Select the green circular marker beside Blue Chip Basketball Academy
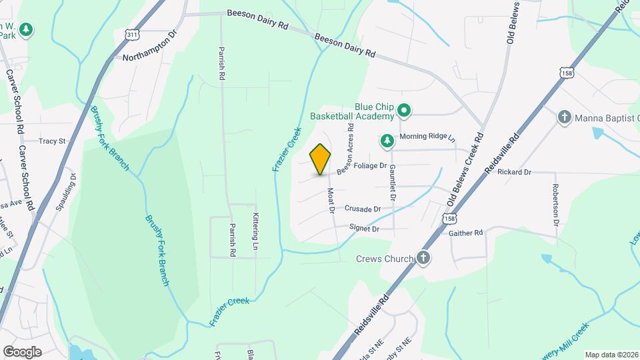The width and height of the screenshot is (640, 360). [403, 110]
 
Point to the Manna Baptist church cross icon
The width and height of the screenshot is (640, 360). [564, 117]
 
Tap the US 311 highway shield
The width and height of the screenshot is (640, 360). [133, 34]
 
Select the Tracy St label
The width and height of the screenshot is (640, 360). [52, 141]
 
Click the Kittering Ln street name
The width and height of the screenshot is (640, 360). [255, 231]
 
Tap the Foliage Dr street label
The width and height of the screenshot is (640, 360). [371, 165]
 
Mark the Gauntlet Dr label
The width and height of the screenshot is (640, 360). [393, 183]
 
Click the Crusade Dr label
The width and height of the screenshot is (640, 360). [362, 209]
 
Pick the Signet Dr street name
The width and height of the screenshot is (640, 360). [365, 229]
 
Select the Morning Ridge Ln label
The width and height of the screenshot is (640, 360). [427, 137]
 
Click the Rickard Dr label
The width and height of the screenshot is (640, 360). [513, 172]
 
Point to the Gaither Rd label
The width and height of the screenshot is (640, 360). [466, 233]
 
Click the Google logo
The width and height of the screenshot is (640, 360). [22, 352]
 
